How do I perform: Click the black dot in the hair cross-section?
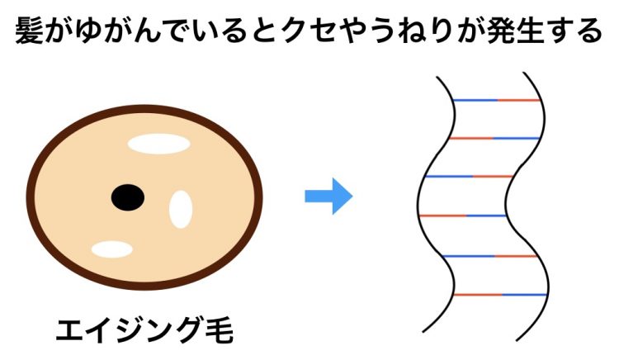(x=128, y=197)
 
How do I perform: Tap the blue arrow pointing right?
(x=328, y=197)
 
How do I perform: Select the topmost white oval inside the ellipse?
(x=159, y=144)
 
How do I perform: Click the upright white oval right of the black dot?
(x=181, y=209)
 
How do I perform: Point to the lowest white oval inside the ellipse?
(x=112, y=249)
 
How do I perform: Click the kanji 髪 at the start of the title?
(x=29, y=31)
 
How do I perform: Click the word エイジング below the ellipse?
(x=130, y=330)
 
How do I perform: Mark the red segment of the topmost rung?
(x=518, y=100)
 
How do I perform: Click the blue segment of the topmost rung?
(x=475, y=100)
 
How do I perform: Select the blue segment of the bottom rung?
(x=524, y=295)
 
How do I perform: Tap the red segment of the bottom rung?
(x=478, y=295)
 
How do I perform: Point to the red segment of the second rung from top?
(x=471, y=138)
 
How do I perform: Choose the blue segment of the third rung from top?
(x=450, y=176)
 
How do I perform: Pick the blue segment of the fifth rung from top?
(x=469, y=256)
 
